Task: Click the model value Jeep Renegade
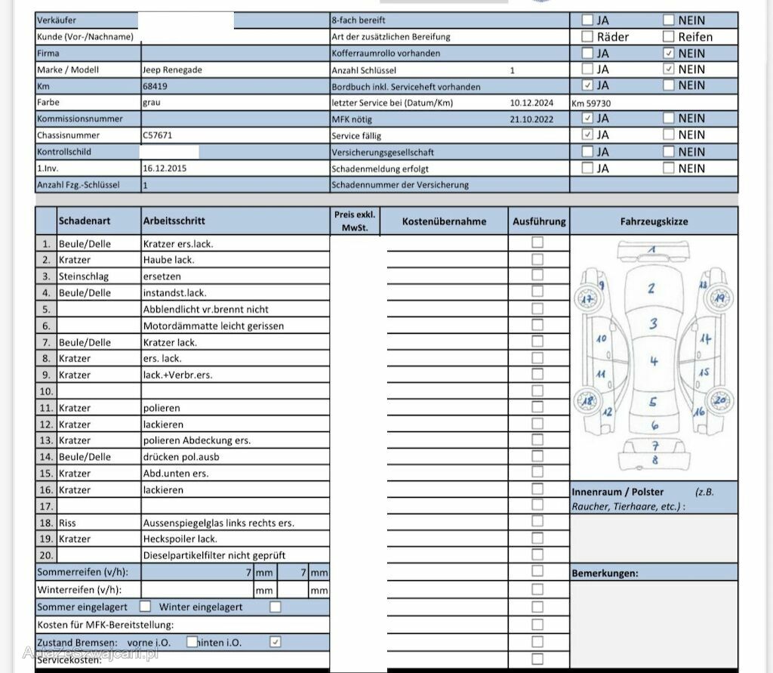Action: tap(172, 69)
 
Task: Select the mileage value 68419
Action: tap(155, 86)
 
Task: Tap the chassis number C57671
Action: tap(157, 135)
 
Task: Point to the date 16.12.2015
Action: tap(164, 168)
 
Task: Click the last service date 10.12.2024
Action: tap(532, 102)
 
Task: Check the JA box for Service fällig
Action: tap(587, 134)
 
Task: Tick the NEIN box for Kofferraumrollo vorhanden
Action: tap(668, 54)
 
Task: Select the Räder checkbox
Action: tap(587, 36)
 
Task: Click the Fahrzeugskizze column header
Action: tap(654, 221)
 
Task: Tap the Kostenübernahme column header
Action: tap(444, 221)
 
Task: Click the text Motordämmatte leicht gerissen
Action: tap(213, 326)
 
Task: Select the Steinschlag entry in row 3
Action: tap(84, 276)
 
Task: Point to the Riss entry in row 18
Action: tap(67, 523)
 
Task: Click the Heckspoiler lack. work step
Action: tap(180, 539)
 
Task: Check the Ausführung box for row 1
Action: tap(537, 242)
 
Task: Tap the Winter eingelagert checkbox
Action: tap(276, 607)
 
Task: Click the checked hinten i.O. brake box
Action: tap(276, 642)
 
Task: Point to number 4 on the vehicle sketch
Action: tap(654, 361)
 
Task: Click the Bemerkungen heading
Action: tap(605, 573)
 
